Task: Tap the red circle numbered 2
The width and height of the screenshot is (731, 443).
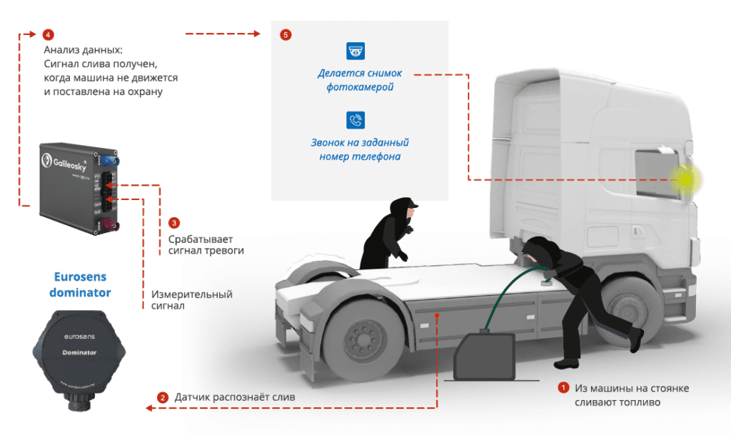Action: pos(163,397)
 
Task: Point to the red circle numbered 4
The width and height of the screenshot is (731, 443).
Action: pos(48,34)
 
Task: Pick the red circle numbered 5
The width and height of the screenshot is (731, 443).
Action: pos(286,34)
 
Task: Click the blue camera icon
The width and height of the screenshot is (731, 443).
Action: pos(356,51)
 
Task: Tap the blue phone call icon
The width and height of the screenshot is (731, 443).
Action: pos(356,119)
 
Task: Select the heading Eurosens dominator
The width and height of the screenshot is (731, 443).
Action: pos(82,284)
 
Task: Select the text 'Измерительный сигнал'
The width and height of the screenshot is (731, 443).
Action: pos(191,300)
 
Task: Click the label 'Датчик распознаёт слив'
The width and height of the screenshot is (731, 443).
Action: pos(235,397)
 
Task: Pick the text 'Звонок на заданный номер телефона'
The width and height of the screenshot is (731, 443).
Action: pos(363,149)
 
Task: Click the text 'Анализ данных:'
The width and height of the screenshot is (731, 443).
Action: pos(83,50)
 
